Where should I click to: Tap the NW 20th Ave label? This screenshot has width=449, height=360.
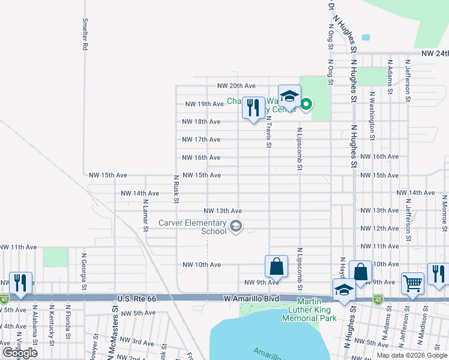(237, 86)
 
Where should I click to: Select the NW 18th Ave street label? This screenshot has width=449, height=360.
(201, 121)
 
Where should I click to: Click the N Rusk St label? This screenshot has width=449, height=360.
(176, 188)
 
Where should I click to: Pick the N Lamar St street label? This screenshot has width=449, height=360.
(145, 215)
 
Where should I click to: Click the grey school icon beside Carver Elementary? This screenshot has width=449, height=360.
(236, 226)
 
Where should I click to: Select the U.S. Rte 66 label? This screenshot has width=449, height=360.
(136, 298)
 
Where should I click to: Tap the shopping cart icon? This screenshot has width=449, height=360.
(412, 283)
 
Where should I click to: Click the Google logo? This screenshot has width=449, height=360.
(19, 353)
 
